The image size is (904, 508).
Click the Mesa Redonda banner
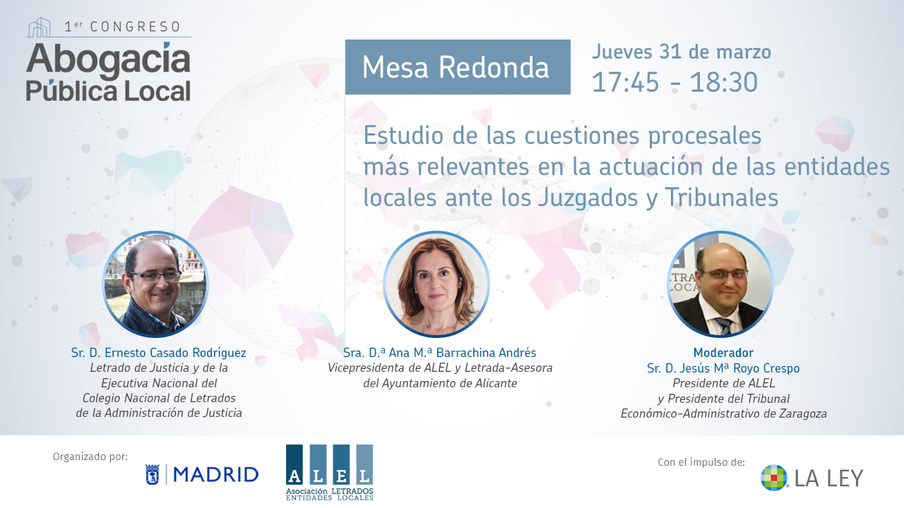point(458,67)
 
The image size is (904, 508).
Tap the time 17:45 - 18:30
point(674,83)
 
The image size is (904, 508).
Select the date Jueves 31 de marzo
point(682,52)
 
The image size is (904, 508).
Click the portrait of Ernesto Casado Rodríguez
point(155,284)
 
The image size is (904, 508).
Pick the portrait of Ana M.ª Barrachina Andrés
point(436,284)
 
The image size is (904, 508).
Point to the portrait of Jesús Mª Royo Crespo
point(720,284)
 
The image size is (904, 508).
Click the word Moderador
point(723,353)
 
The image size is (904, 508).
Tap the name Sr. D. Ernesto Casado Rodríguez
point(159,353)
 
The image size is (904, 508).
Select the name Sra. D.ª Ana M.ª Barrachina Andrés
point(439,353)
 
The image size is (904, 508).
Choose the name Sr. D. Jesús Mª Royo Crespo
point(723,368)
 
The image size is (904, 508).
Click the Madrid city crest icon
point(152,475)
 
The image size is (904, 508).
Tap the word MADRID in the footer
point(216,475)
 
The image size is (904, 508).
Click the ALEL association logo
point(330,472)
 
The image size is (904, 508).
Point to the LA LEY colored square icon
point(774,478)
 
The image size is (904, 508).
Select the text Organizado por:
point(90,456)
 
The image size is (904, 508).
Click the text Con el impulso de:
point(701,462)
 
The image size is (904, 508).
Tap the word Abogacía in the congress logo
point(108,60)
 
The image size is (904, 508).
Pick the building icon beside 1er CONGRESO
point(39,27)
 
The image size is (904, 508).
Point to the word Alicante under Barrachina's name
point(496,383)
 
